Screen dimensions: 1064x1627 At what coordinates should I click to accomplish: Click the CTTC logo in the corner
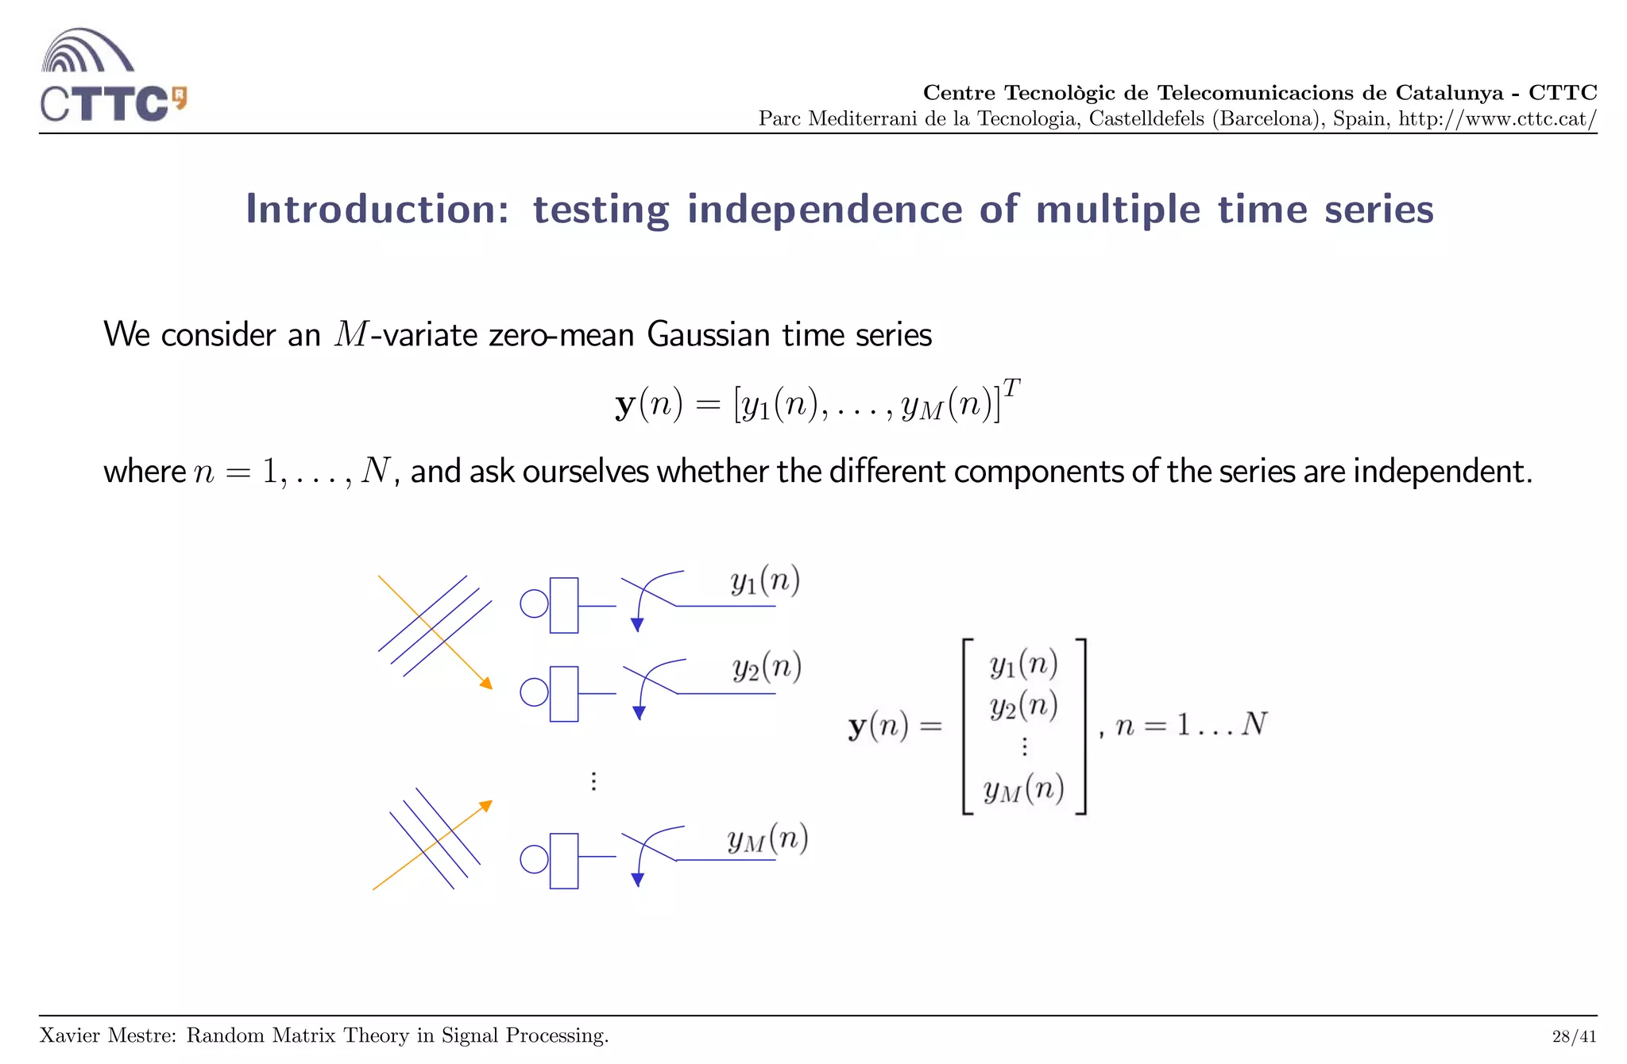click(111, 76)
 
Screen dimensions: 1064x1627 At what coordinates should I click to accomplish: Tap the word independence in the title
click(824, 210)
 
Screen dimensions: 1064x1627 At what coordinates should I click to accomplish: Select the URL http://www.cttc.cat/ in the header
click(1497, 119)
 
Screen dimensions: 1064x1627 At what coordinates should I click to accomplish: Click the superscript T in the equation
click(1011, 388)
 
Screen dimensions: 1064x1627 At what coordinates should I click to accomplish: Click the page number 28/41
click(1573, 1036)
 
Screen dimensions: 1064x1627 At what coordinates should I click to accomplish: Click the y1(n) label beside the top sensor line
click(764, 581)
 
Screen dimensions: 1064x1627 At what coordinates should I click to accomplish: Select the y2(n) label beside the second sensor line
click(766, 667)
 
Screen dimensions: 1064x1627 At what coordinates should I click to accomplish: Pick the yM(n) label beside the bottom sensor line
click(767, 839)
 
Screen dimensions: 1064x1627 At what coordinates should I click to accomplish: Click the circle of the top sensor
click(534, 604)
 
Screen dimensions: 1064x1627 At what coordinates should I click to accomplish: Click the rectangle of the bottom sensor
click(563, 861)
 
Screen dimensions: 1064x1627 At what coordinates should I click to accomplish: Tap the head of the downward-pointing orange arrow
click(486, 683)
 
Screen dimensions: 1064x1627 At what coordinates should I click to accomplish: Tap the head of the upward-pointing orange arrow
click(486, 806)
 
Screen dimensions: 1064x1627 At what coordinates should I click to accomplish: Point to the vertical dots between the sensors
click(593, 781)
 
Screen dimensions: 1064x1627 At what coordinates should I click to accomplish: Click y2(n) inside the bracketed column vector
click(1023, 705)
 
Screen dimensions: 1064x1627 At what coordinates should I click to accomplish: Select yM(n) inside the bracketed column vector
click(1023, 789)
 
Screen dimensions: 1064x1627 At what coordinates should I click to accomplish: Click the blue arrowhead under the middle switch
click(639, 713)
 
